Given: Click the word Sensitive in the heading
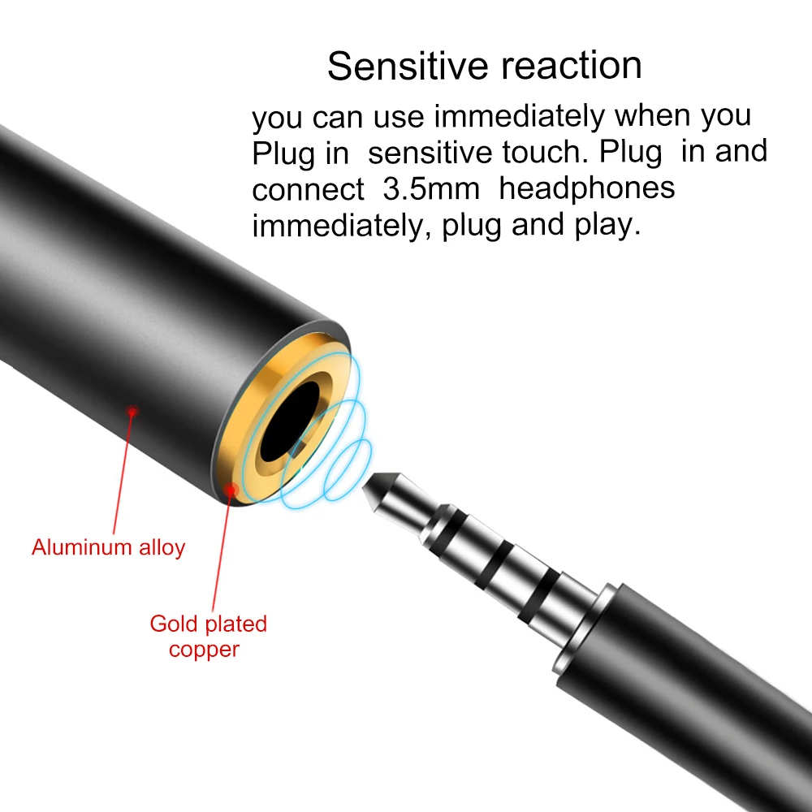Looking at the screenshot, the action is pos(408,66).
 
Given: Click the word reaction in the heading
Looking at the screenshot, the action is pos(571,67).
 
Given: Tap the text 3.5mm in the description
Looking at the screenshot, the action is pos(431,188).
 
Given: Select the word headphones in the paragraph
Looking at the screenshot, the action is pos(587,188).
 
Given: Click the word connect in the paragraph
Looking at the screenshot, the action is pos(308,189).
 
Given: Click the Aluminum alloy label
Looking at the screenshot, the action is pos(108,548).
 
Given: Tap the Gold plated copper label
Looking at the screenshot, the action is pos(208,637).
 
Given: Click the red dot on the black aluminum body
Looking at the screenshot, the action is pos(132,412).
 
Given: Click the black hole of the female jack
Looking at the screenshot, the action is pos(290,421).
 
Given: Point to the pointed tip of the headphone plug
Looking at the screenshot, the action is pos(364,487).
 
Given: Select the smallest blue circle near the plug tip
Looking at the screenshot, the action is pos(348,469).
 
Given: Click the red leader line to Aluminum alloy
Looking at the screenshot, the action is pos(123,473).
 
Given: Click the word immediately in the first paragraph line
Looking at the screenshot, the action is pos(520,116).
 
